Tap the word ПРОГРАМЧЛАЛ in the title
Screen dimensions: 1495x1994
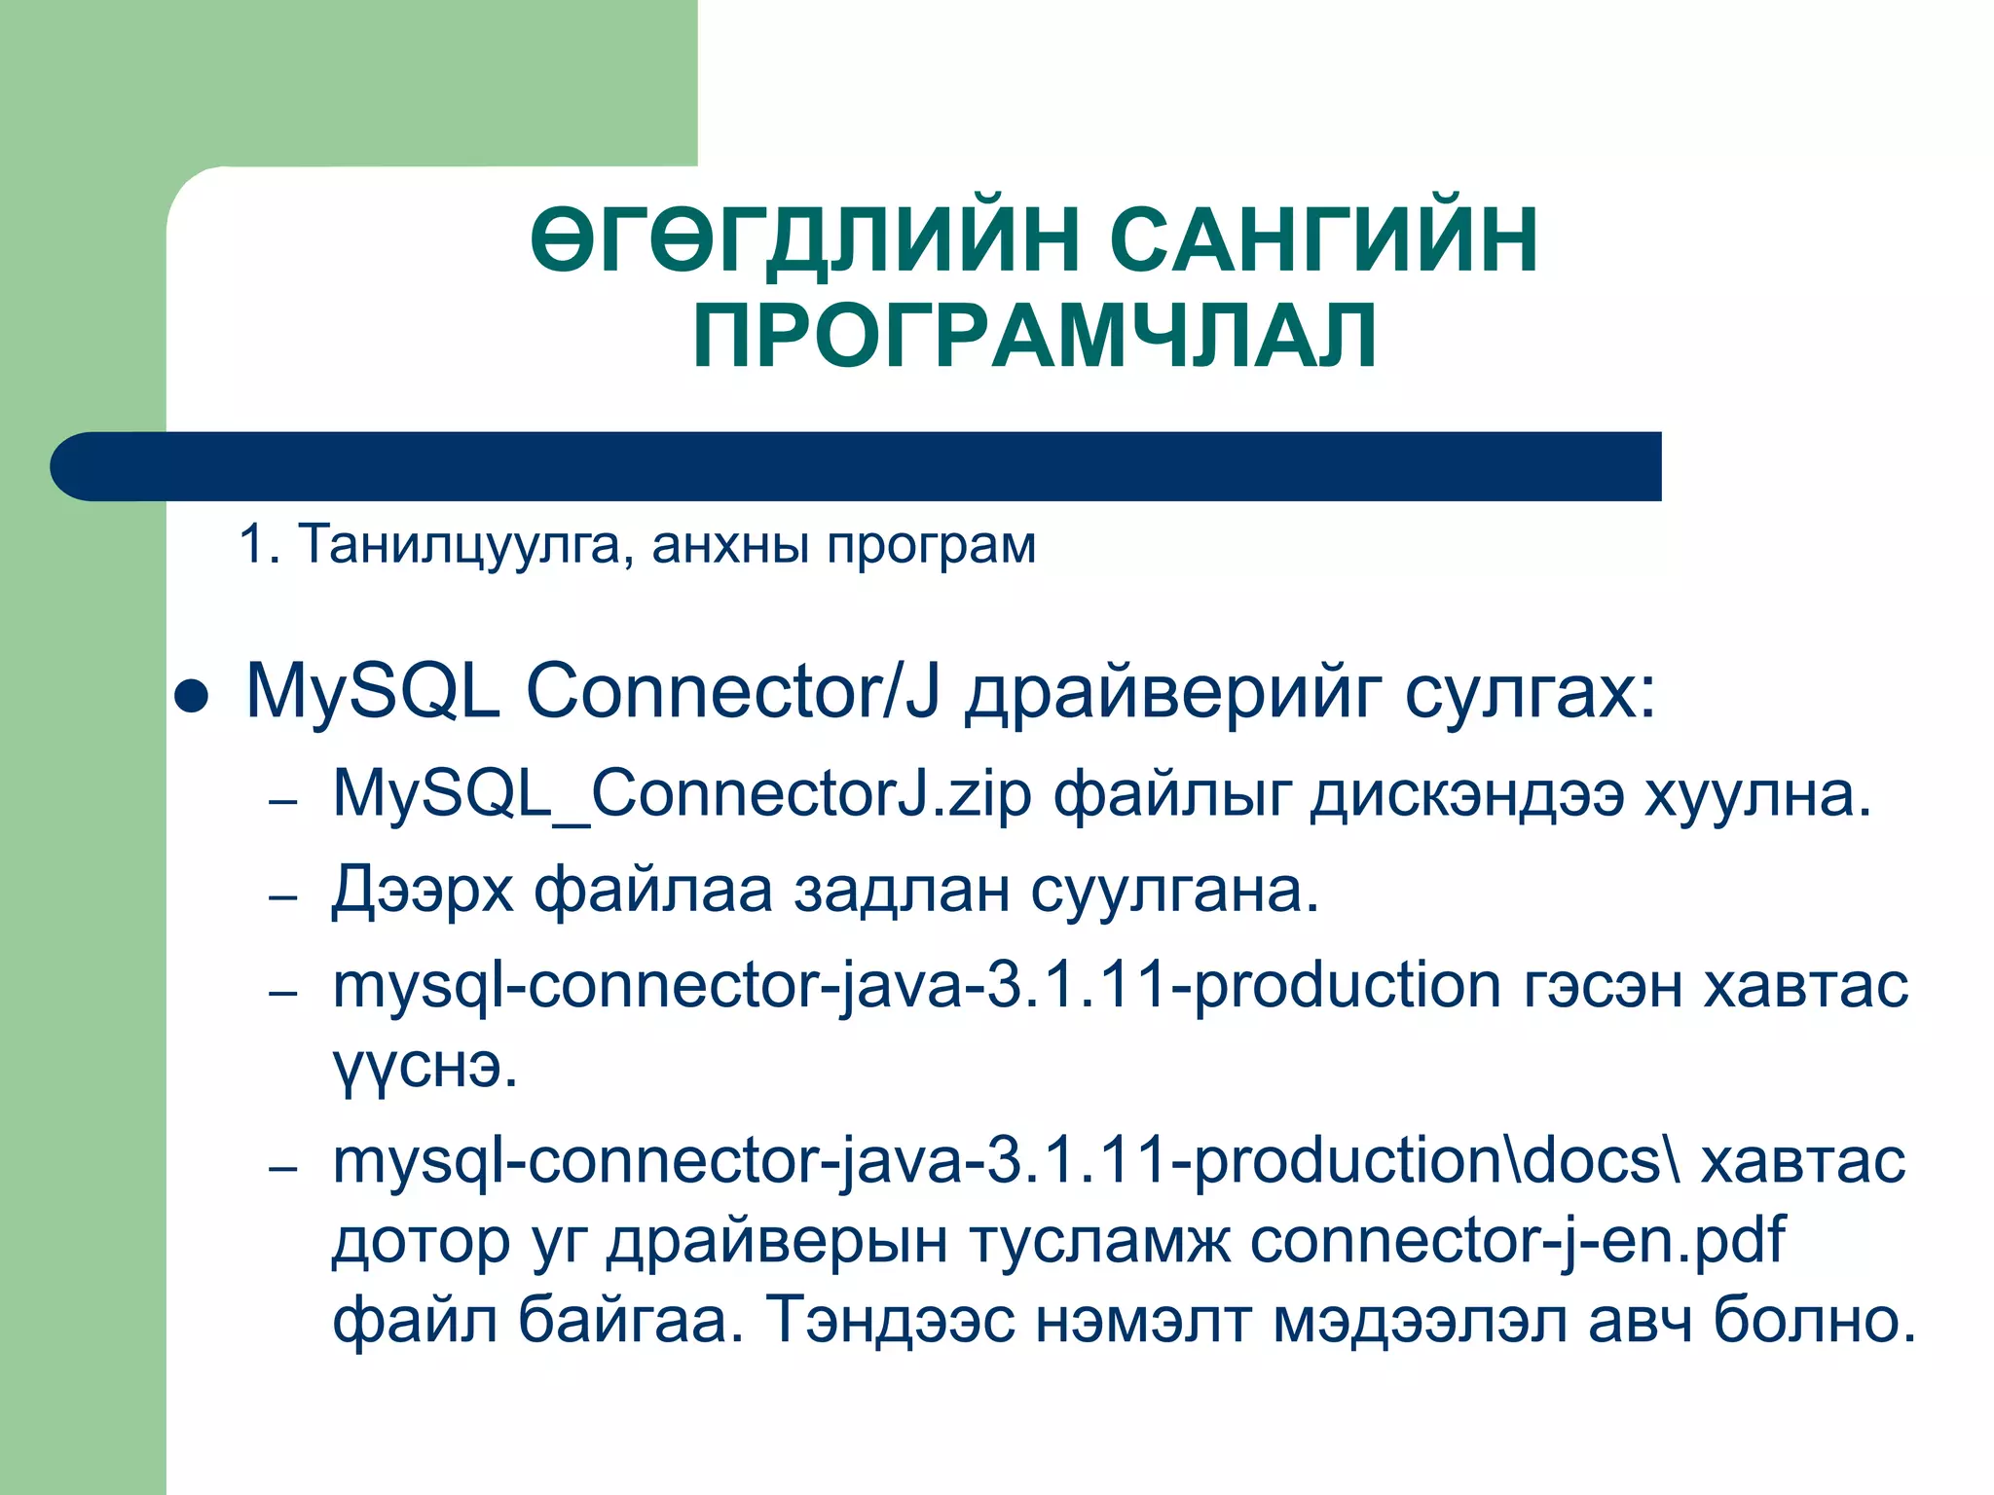(x=1035, y=336)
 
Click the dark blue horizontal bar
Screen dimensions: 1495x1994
(x=857, y=466)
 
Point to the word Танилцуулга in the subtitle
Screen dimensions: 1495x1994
(x=459, y=544)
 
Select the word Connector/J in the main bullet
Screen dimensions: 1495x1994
(x=734, y=692)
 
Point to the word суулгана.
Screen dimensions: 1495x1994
(x=1174, y=891)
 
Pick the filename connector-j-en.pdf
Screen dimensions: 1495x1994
(x=1517, y=1242)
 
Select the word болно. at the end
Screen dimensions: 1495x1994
(x=1814, y=1321)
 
